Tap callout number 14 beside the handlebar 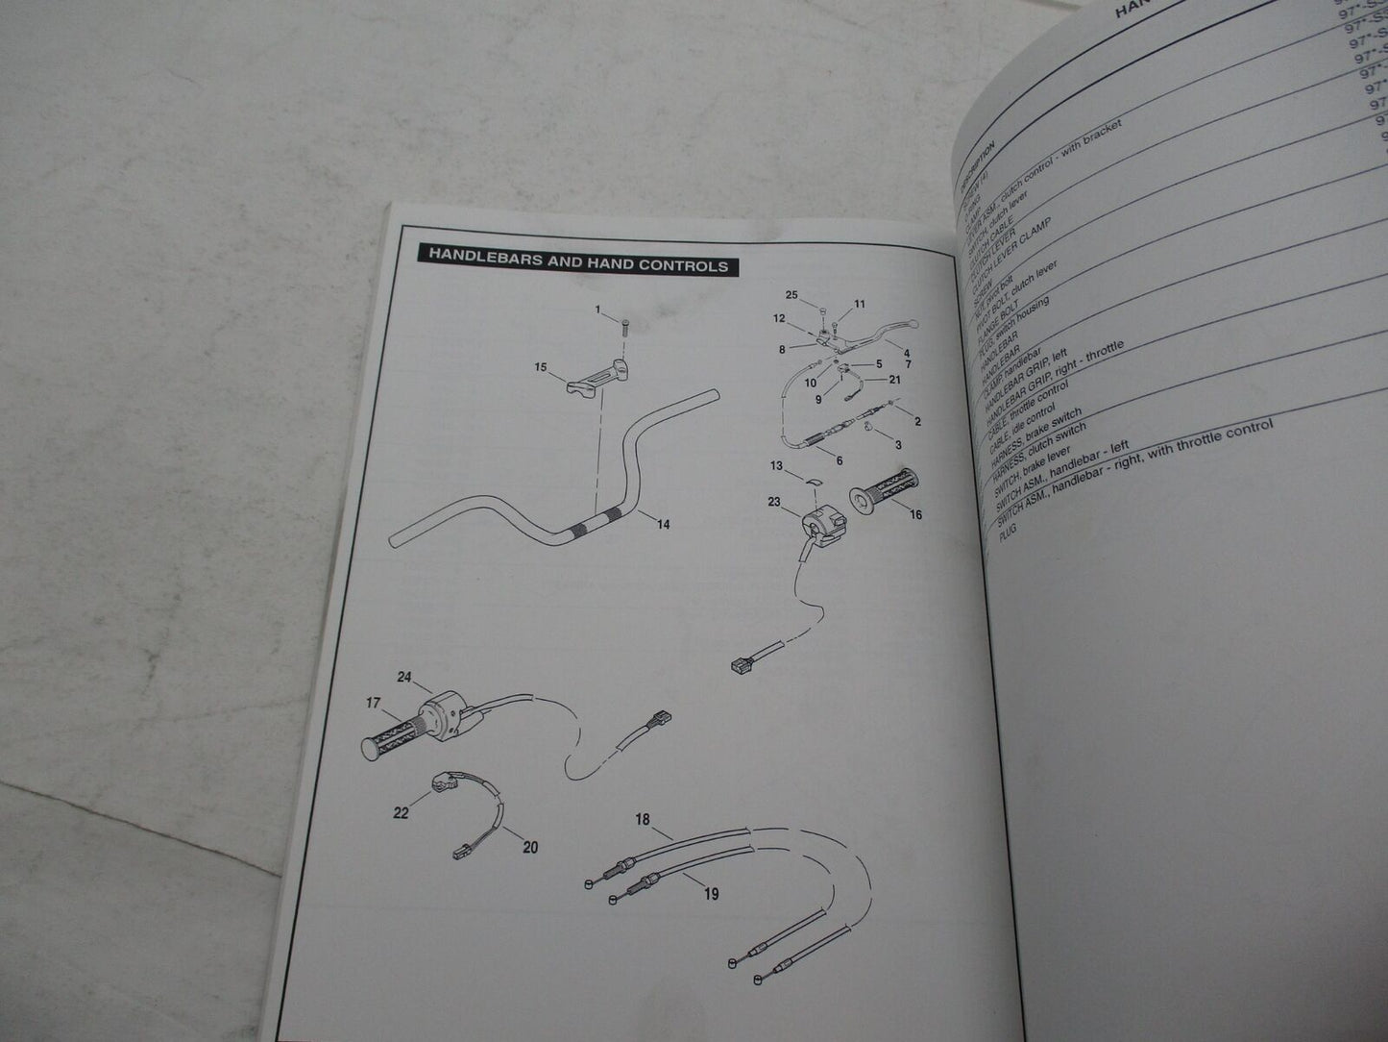click(x=663, y=524)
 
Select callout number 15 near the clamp click(x=541, y=367)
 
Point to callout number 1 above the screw click(x=597, y=310)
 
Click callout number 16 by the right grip click(x=914, y=515)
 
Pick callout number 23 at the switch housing click(x=774, y=501)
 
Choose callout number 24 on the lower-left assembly click(x=404, y=678)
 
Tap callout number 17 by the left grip click(x=373, y=703)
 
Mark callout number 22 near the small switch click(x=402, y=813)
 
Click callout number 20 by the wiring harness click(x=530, y=847)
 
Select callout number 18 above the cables click(x=642, y=820)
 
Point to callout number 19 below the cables click(x=711, y=894)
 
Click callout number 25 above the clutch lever click(x=791, y=294)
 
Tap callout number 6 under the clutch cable click(x=839, y=460)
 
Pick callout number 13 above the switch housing click(x=776, y=466)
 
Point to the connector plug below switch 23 click(x=742, y=663)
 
